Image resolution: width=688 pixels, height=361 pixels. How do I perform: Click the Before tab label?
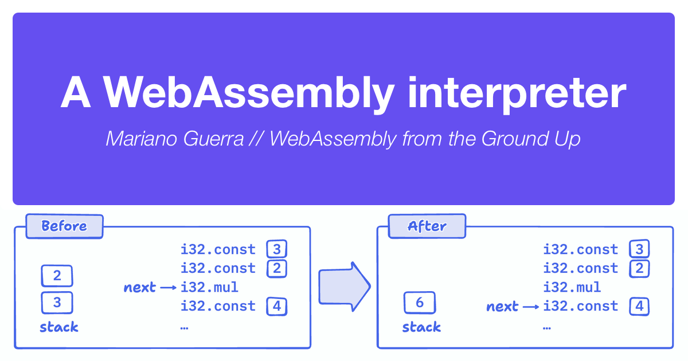point(64,226)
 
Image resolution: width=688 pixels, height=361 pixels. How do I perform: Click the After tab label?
point(427,226)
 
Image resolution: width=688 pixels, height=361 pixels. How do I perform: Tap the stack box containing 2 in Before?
point(57,276)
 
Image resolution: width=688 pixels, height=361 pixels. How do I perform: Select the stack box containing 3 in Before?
point(57,301)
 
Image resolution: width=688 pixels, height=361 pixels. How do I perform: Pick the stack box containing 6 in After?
point(420,302)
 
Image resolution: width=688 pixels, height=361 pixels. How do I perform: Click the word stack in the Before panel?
point(58,327)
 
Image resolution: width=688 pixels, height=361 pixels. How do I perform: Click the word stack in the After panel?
point(421,327)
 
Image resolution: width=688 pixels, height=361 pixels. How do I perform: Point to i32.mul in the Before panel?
point(209,287)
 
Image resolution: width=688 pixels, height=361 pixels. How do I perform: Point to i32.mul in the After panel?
point(572,287)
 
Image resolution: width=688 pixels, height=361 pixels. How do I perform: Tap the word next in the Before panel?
point(139,288)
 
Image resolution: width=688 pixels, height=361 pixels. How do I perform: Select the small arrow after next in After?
point(531,307)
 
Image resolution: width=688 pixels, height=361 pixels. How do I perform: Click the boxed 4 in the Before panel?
point(276,306)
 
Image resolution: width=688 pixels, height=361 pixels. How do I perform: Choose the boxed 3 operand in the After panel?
point(639,249)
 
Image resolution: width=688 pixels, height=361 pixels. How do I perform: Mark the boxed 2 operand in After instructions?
point(639,268)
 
